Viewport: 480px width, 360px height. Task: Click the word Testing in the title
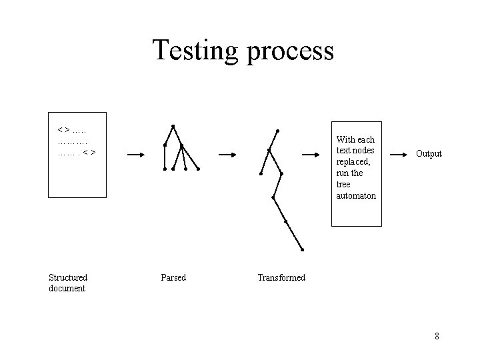195,51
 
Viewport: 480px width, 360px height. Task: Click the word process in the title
289,52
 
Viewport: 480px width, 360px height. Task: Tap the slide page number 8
437,336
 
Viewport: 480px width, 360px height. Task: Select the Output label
429,154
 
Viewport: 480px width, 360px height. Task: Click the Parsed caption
173,277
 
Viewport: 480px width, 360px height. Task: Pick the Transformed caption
281,277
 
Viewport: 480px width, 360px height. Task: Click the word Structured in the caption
68,277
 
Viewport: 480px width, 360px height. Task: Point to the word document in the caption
67,288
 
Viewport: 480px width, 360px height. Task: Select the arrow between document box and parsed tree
135,155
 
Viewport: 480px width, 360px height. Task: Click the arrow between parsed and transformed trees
228,155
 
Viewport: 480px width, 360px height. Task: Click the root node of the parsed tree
173,126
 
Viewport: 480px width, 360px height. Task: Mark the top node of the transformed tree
277,131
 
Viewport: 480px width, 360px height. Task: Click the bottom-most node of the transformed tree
302,250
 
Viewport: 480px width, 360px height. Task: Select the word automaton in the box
356,196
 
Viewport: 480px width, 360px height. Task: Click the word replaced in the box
353,161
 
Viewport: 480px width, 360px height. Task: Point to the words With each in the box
355,140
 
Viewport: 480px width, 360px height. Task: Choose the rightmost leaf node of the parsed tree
198,169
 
